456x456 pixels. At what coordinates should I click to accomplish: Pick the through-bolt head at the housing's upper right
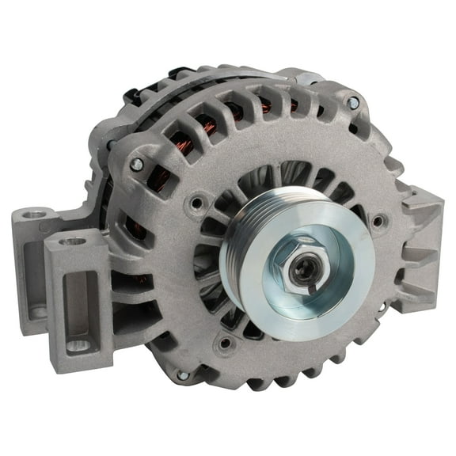point(352,103)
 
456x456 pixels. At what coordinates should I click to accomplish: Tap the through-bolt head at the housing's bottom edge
point(183,374)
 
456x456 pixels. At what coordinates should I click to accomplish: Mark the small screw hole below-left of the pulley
point(226,343)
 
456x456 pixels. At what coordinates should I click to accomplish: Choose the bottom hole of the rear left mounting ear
point(35,312)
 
